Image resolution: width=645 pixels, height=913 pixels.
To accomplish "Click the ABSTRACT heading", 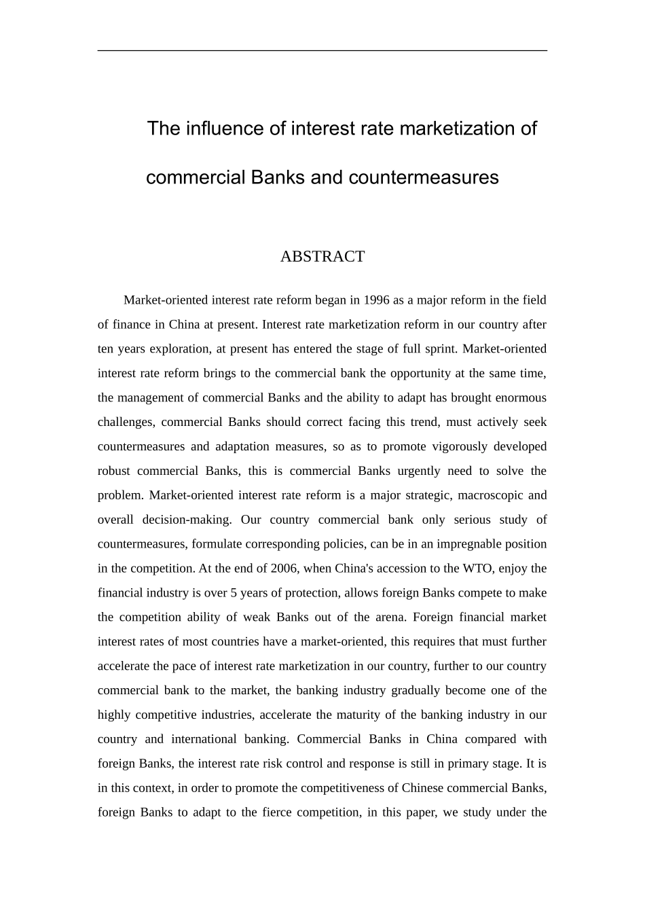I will pos(322,257).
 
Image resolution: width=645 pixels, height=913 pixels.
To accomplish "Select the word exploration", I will pos(180,349).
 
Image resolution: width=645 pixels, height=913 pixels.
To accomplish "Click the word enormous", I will pos(521,398).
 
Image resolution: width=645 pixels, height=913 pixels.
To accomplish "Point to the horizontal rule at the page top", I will pos(322,50).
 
